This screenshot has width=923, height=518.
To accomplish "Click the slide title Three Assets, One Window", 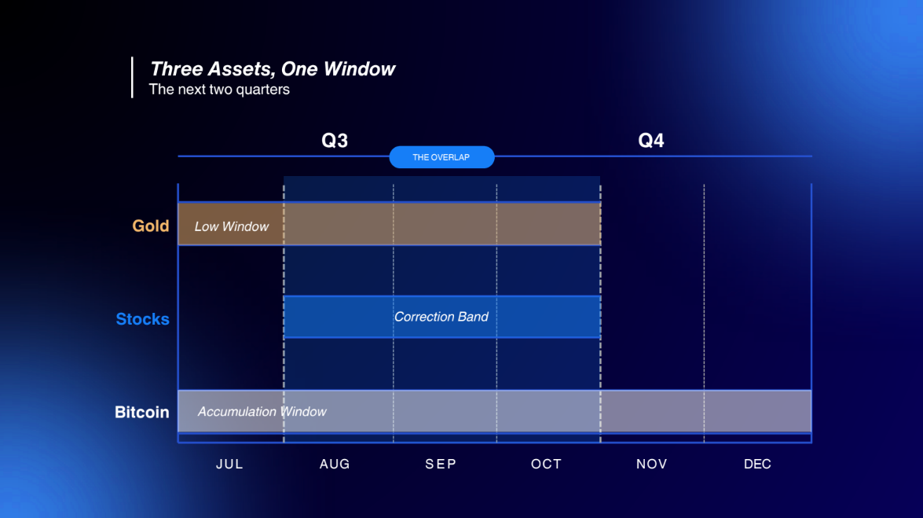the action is coord(273,69).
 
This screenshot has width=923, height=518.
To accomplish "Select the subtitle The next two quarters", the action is coord(219,90).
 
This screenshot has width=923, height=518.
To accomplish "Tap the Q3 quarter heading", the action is coord(335,140).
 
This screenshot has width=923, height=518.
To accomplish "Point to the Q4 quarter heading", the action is coord(651,140).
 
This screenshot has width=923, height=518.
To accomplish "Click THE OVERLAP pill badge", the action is coord(441,157).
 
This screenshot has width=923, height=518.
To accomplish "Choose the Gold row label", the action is coord(151,226).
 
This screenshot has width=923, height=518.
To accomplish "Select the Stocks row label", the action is coord(142,319).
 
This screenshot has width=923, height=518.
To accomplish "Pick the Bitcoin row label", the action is coord(142,412).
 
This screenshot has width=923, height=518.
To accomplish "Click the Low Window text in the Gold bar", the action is coord(231,226).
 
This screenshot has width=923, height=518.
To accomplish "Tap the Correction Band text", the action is coord(441,317).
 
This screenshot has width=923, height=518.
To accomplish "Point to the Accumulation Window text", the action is coord(262,411).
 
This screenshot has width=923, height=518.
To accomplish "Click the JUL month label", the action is coord(229,464).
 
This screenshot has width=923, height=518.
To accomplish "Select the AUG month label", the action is coord(335,464).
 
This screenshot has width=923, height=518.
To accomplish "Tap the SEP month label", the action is coord(441,464).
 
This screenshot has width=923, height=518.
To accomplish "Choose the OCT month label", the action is coord(546,464).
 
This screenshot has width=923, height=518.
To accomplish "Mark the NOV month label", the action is coord(652,464).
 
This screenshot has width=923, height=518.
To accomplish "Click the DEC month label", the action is coord(757,464).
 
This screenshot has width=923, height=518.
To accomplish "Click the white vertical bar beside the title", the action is coord(132,77).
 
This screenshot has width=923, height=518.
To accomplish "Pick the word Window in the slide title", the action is coord(359,69).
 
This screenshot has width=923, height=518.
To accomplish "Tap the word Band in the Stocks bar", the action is coord(473,317).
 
